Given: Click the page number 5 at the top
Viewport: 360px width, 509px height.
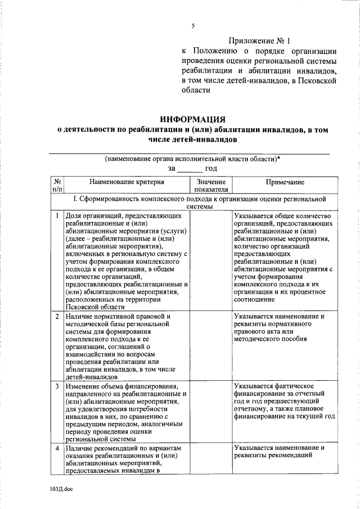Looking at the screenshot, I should (192, 26).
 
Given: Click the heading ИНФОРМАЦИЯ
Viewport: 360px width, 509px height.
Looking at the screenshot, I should (192, 119).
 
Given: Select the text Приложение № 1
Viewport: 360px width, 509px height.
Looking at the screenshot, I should (260, 41).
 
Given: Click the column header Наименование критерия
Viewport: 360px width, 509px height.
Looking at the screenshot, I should (126, 182).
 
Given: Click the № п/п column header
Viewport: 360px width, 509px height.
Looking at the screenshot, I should (57, 186).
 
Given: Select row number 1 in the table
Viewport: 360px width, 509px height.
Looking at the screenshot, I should (57, 216).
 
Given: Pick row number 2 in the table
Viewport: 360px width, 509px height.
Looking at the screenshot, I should (57, 317).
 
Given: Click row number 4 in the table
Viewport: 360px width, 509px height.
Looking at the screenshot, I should (57, 448).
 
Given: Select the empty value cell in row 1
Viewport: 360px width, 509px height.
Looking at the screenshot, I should (211, 261).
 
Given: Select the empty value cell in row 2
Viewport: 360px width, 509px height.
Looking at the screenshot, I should (211, 346).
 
